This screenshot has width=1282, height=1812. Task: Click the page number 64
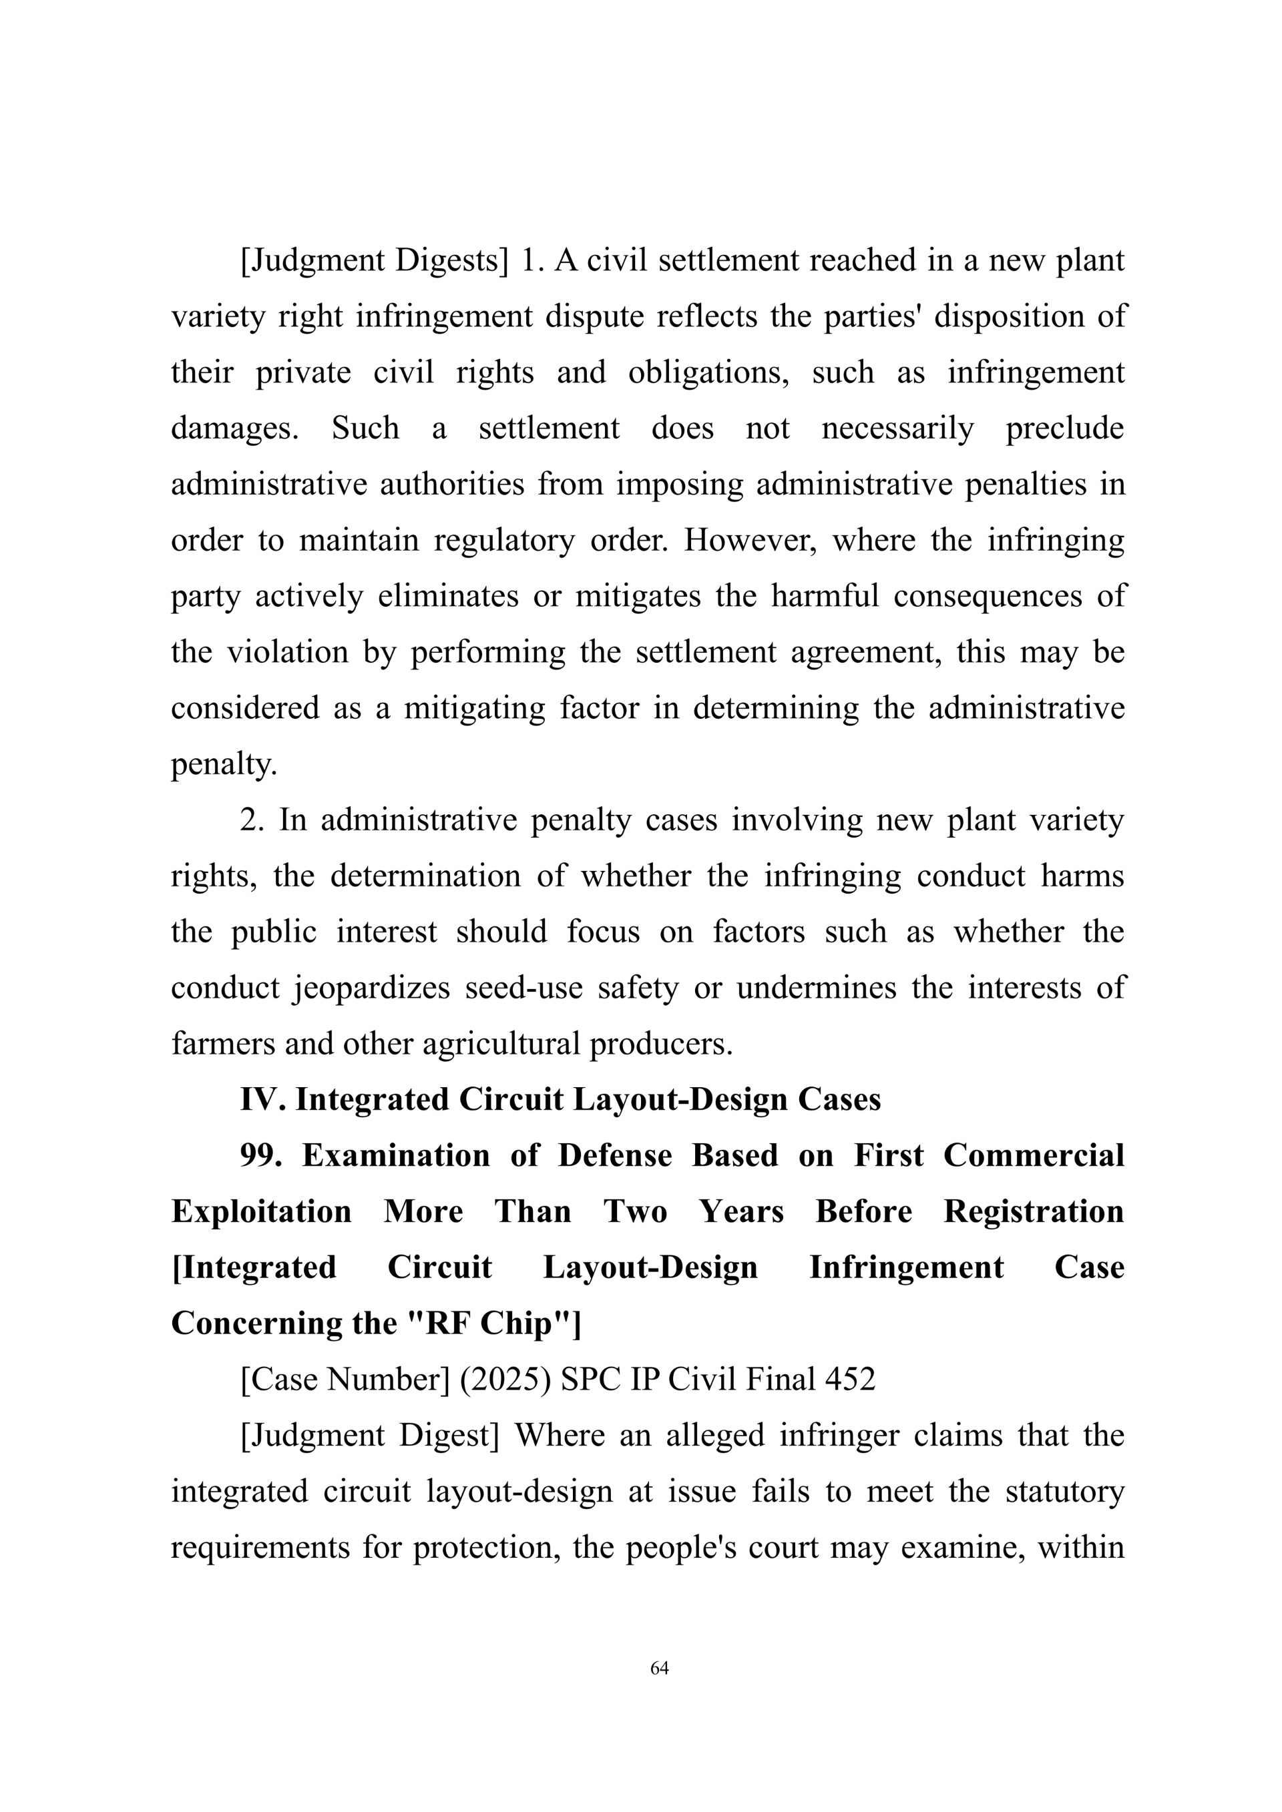[659, 1668]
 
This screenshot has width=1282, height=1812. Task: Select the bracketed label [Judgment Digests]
[374, 261]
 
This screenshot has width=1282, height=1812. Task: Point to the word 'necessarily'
[897, 428]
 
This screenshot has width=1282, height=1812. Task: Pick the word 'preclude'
[1064, 428]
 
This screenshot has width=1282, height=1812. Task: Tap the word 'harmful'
[824, 597]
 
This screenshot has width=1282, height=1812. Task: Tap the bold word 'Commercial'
[1034, 1156]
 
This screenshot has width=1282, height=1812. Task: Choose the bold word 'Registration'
[1034, 1212]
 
